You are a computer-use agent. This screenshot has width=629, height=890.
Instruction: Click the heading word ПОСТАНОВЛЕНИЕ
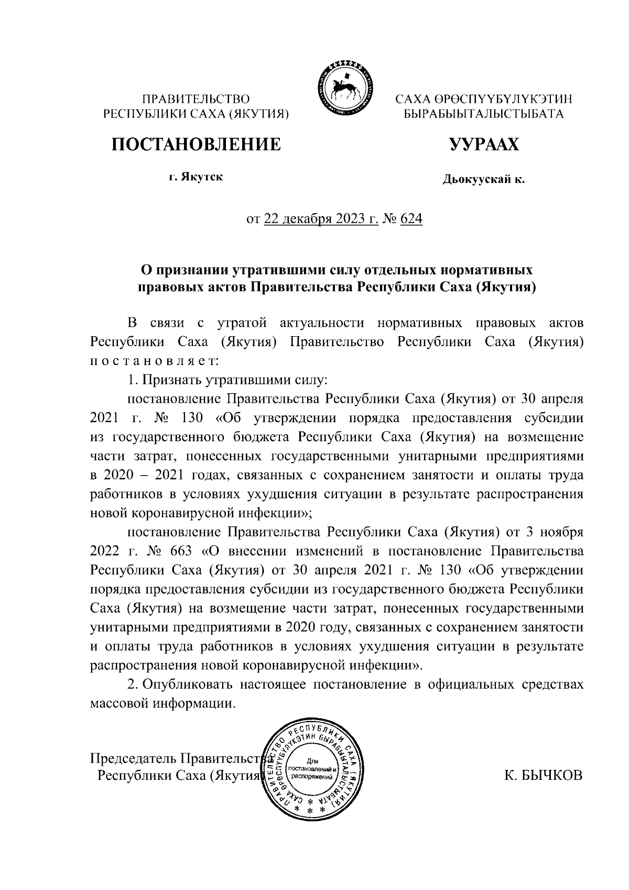click(195, 145)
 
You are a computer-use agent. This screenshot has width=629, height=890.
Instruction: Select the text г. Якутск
click(196, 177)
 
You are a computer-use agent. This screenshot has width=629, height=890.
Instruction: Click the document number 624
click(411, 219)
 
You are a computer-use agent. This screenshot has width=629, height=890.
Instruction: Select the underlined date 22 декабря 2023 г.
click(321, 219)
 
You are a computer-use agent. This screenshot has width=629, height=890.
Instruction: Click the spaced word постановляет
click(150, 361)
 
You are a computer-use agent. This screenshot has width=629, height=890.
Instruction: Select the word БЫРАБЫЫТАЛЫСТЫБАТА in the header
click(483, 114)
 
